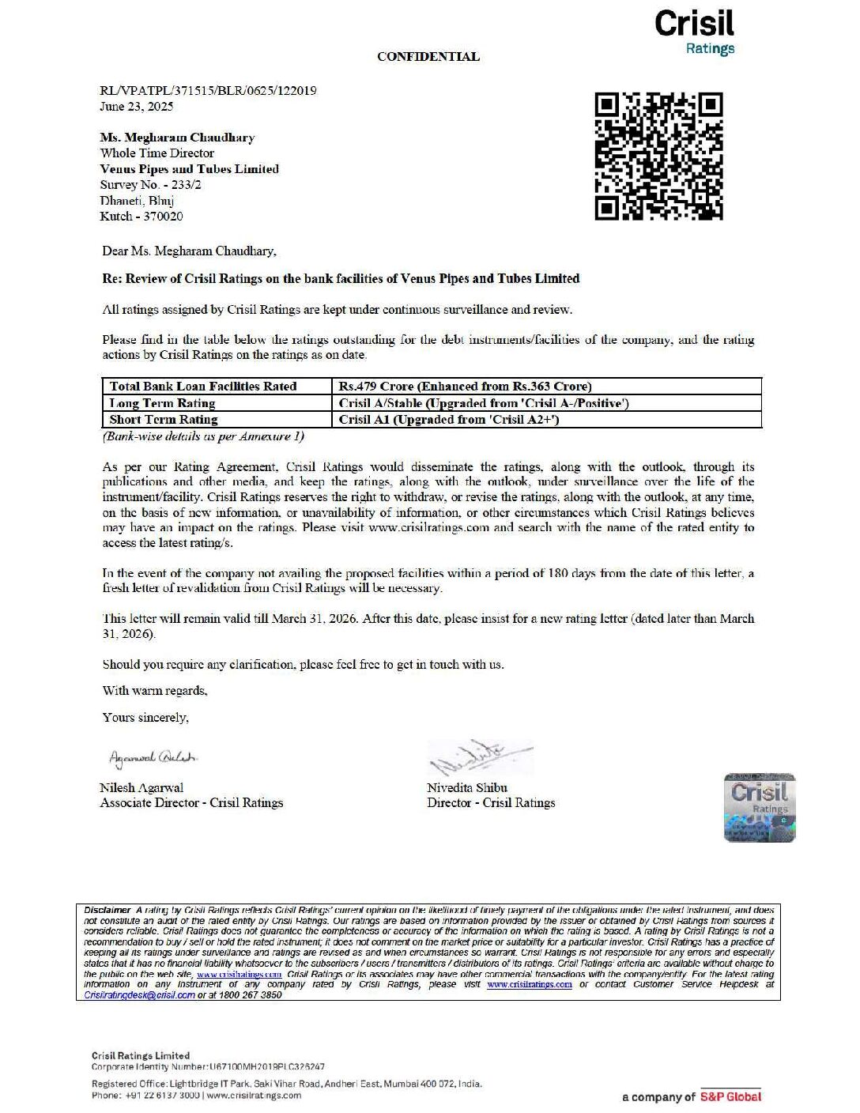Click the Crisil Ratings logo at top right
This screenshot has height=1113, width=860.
(694, 32)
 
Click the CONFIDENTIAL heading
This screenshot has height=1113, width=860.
(428, 57)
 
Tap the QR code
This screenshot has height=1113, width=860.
(658, 156)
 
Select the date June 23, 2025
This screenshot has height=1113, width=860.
(136, 107)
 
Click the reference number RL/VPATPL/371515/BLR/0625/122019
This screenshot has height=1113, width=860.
(208, 91)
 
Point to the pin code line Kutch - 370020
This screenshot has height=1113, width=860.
(141, 217)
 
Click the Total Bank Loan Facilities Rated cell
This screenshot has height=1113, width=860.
(203, 387)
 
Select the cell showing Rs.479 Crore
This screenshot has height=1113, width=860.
(465, 387)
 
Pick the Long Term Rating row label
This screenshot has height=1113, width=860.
(162, 403)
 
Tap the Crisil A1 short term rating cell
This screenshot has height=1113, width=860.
(448, 420)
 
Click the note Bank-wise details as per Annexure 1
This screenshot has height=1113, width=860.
(203, 436)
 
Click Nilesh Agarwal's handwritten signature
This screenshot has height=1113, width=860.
(153, 758)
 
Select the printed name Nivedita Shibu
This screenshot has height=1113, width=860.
(467, 788)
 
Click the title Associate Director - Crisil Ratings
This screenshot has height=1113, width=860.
(191, 803)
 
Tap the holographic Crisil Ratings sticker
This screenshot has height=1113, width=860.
(760, 807)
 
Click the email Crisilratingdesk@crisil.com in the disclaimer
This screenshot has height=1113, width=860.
(139, 995)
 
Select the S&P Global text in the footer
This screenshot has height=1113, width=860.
(730, 1096)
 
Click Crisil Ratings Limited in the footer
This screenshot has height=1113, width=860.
(141, 1056)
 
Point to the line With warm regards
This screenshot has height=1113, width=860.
(155, 691)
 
